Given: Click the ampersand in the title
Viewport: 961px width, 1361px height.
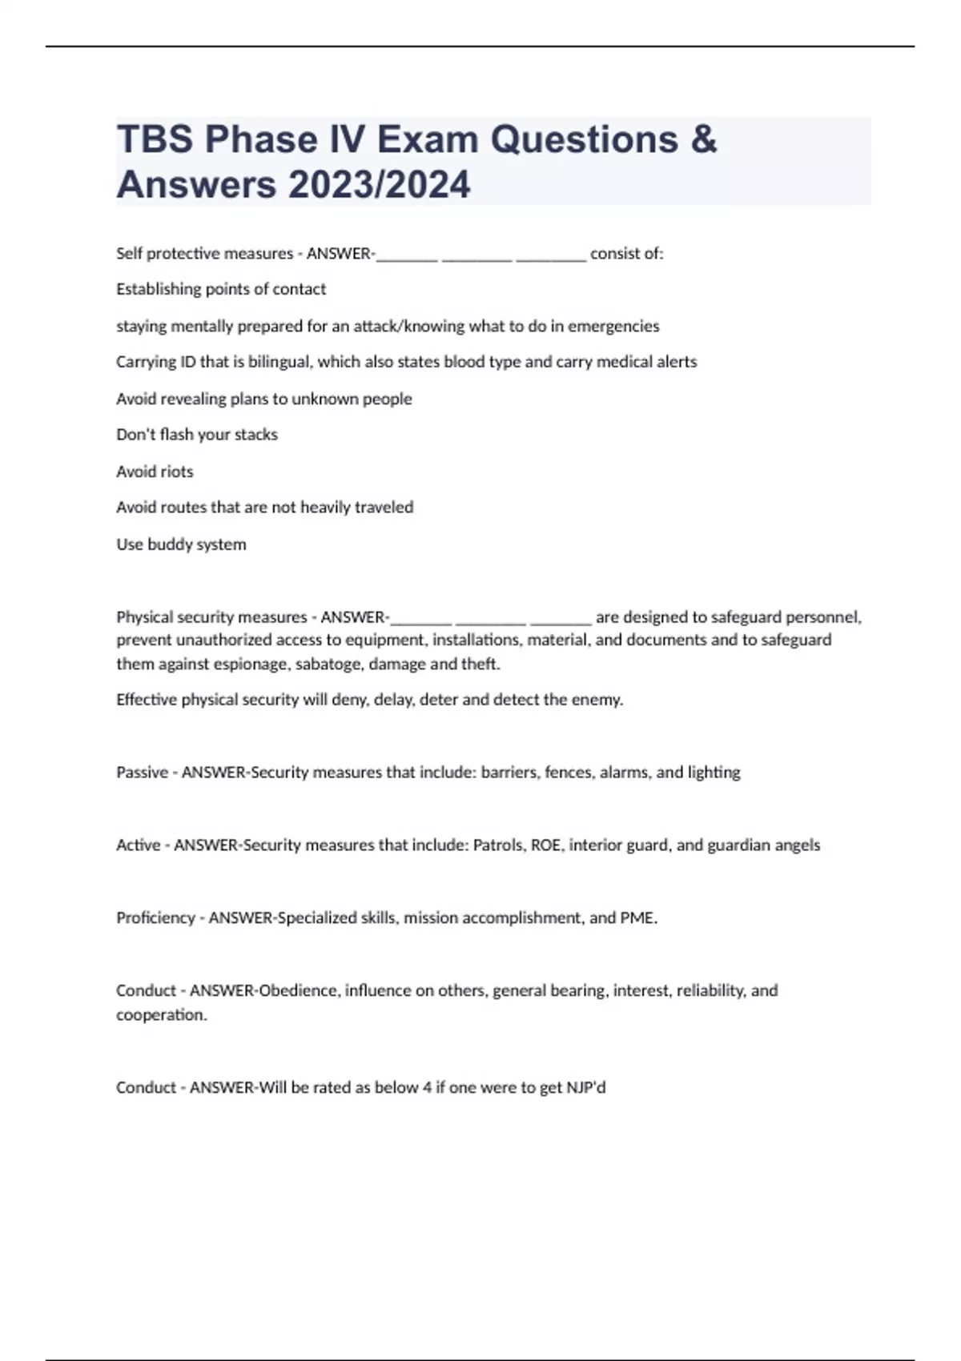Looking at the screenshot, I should [702, 139].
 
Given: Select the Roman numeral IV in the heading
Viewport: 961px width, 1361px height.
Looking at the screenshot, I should [345, 139].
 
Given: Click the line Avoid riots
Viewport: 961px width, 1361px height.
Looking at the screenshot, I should [155, 472].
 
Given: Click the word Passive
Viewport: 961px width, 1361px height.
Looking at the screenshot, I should [141, 773].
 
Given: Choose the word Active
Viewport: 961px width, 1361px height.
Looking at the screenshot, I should [138, 845].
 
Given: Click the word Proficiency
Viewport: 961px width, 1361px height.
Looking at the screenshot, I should [155, 918].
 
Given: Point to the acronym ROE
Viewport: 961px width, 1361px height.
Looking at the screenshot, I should [545, 845].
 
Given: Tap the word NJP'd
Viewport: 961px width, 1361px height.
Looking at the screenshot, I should [585, 1088].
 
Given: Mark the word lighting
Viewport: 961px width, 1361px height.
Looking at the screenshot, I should [714, 773].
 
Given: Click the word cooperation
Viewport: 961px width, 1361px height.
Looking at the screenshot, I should [161, 1015].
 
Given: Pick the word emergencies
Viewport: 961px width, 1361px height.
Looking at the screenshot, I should [613, 327].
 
